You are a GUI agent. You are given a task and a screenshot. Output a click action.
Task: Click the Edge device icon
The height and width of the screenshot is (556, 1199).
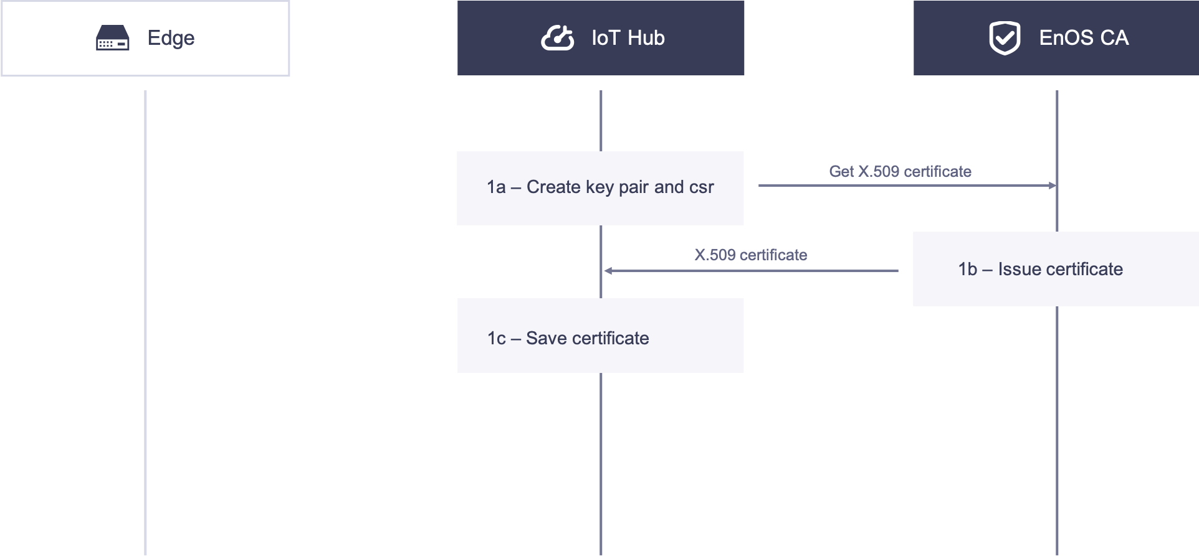pyautogui.click(x=113, y=38)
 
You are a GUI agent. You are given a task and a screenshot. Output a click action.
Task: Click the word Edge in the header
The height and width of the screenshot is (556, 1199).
pyautogui.click(x=171, y=38)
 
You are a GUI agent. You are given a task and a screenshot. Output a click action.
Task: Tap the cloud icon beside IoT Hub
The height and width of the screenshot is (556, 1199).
pyautogui.click(x=557, y=38)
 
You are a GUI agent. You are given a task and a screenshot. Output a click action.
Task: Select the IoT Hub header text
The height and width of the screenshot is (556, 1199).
pyautogui.click(x=628, y=38)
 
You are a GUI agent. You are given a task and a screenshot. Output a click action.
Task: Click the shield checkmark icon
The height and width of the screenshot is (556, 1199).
pyautogui.click(x=1005, y=38)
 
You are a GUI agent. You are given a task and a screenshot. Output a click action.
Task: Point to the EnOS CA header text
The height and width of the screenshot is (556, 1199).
pyautogui.click(x=1084, y=38)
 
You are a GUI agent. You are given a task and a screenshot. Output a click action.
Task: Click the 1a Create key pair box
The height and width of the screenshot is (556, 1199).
pyautogui.click(x=600, y=188)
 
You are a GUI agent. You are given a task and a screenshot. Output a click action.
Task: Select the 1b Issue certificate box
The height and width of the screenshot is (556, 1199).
pyautogui.click(x=1056, y=269)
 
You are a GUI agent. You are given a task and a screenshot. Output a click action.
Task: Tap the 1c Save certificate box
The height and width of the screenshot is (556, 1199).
pyautogui.click(x=600, y=336)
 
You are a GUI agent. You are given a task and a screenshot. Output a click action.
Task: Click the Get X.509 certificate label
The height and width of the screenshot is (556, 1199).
pyautogui.click(x=900, y=172)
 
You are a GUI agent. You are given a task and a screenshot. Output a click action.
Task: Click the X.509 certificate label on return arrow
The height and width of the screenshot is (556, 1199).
pyautogui.click(x=750, y=255)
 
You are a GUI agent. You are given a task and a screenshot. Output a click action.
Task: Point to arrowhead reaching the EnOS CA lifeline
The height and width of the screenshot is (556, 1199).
pyautogui.click(x=1053, y=186)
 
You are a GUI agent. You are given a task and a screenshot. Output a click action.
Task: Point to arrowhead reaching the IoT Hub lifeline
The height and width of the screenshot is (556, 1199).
pyautogui.click(x=608, y=271)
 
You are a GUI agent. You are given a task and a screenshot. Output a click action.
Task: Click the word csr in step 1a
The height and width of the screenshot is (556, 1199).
pyautogui.click(x=702, y=187)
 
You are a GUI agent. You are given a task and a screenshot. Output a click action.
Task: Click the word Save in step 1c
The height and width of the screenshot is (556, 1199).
pyautogui.click(x=546, y=338)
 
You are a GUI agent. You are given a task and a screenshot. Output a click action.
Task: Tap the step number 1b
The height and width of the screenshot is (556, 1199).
pyautogui.click(x=967, y=269)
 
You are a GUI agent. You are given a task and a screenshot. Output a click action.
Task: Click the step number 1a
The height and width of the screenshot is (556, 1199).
pyautogui.click(x=496, y=187)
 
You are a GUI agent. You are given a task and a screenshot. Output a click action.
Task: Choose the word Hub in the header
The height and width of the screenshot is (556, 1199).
pyautogui.click(x=646, y=38)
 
